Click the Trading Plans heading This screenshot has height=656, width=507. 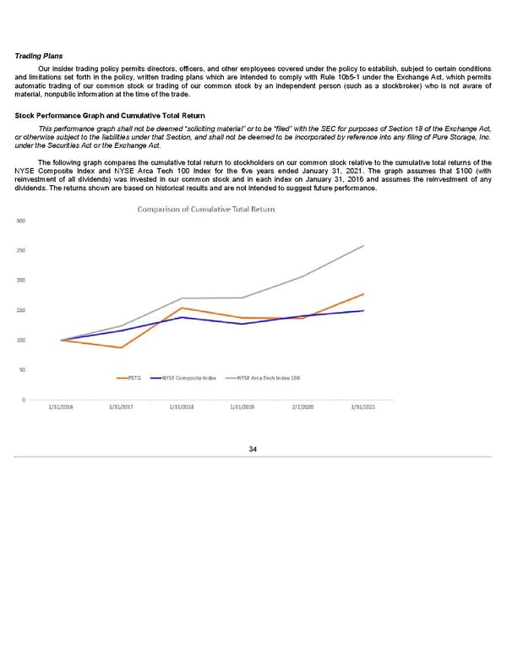[x=40, y=57]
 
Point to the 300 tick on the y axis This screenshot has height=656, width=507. [x=19, y=221]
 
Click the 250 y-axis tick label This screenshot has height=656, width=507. [x=19, y=251]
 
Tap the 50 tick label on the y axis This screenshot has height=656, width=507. [x=19, y=369]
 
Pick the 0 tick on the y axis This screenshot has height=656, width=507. [x=23, y=399]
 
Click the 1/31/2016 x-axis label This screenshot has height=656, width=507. [x=61, y=409]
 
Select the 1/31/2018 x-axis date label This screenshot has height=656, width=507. [x=183, y=409]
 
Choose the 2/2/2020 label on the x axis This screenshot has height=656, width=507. [x=302, y=409]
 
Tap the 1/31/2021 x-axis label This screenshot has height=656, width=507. [x=363, y=409]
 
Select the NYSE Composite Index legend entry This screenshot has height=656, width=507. [x=187, y=378]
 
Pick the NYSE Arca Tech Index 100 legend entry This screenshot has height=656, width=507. [x=265, y=378]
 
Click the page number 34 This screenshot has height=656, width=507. [x=253, y=448]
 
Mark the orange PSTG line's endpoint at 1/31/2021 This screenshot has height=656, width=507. [x=363, y=294]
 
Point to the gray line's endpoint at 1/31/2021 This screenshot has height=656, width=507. [x=363, y=246]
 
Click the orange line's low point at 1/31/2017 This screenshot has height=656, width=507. [x=122, y=347]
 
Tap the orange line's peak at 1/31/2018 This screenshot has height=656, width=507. [x=183, y=308]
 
